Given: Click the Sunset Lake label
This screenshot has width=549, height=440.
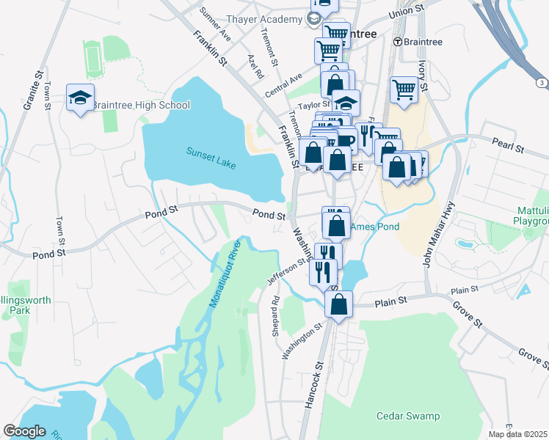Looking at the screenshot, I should point(211,158).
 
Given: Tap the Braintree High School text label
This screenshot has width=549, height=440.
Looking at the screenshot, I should point(142,105).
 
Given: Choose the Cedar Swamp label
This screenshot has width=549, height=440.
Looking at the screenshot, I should point(408,416).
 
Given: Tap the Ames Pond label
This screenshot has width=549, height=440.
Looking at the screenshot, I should point(375,227).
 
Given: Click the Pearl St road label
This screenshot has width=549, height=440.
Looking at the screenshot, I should point(508,147).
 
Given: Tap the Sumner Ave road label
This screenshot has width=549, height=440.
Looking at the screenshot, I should point(215,23).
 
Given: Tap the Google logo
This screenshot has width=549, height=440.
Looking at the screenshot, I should point(25,431).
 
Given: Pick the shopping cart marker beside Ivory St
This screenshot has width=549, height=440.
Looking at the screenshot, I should point(404,90).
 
